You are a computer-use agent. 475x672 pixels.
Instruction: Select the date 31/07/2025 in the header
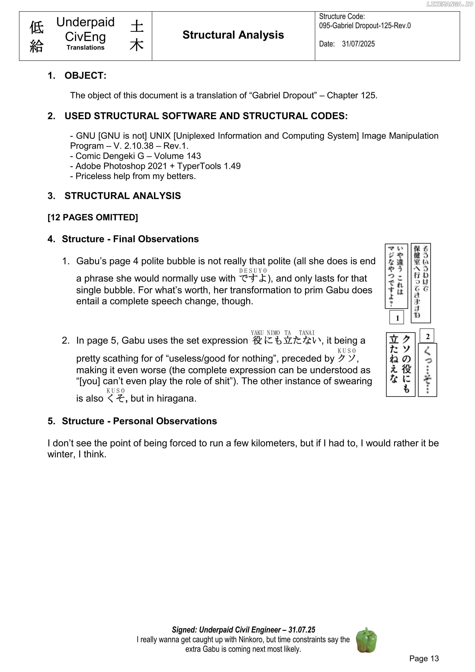[x=358, y=44]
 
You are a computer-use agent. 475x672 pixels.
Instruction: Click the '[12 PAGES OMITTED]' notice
[x=93, y=217]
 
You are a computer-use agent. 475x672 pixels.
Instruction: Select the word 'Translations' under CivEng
[x=85, y=48]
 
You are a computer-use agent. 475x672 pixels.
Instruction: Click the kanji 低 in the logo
[x=37, y=28]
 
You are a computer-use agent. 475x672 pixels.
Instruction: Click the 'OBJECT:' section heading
[x=85, y=75]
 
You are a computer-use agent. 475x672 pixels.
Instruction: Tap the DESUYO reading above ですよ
[x=253, y=271]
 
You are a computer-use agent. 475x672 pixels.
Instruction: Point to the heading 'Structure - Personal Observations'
[x=139, y=421]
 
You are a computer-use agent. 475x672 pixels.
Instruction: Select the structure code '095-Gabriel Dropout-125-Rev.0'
[x=365, y=26]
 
